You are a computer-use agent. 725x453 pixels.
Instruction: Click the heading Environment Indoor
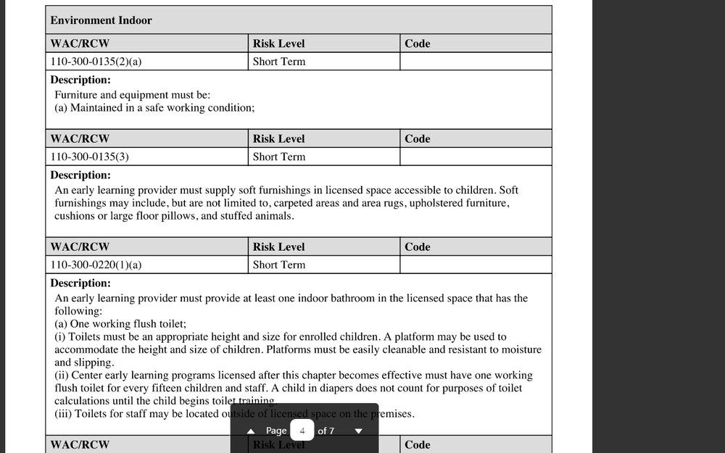(x=101, y=20)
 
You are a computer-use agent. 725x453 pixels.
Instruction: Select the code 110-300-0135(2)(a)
(x=96, y=62)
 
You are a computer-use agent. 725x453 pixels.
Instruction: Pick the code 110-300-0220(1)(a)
(x=96, y=265)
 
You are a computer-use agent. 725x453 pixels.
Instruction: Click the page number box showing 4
(x=302, y=431)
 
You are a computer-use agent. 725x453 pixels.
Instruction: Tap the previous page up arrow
(x=251, y=431)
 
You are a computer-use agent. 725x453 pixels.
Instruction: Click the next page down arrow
(x=358, y=431)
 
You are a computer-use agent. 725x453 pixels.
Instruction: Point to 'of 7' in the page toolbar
(x=326, y=431)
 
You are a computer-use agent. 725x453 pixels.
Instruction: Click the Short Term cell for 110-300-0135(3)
(x=279, y=157)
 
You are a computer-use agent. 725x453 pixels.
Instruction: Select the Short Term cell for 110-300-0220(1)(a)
(x=279, y=265)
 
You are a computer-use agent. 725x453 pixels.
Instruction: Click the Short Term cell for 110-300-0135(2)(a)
(x=279, y=62)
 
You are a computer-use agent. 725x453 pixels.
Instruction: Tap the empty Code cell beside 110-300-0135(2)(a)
(x=475, y=62)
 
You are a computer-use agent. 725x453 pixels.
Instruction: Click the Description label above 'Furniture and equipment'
(x=80, y=80)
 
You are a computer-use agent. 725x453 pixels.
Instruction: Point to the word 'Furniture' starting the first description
(x=75, y=94)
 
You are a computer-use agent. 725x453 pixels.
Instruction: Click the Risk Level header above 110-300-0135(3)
(x=278, y=138)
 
